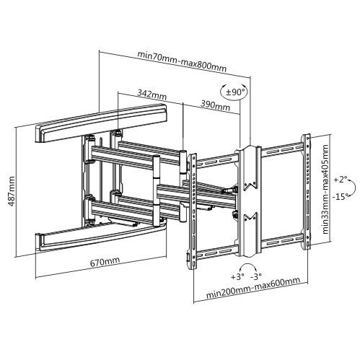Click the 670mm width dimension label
(x=105, y=261)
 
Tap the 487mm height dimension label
(x=11, y=192)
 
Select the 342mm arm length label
(x=152, y=94)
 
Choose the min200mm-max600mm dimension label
(x=253, y=291)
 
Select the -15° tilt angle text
(x=341, y=196)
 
